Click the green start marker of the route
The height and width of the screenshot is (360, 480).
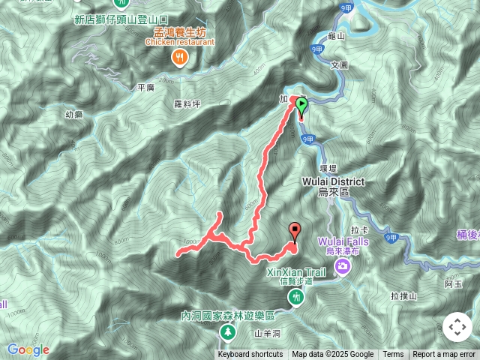pyautogui.click(x=301, y=106)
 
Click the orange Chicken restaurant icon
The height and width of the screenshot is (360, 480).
pyautogui.click(x=179, y=57)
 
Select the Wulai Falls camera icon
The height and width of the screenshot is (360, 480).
pyautogui.click(x=343, y=265)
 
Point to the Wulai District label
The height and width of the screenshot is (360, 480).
pyautogui.click(x=334, y=182)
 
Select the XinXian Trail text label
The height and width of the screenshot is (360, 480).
pyautogui.click(x=297, y=274)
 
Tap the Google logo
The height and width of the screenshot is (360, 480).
pyautogui.click(x=28, y=349)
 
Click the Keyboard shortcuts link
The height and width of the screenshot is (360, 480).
pyautogui.click(x=250, y=355)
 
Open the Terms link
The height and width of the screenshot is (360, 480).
pyautogui.click(x=393, y=355)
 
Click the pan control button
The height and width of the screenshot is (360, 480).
pyautogui.click(x=457, y=327)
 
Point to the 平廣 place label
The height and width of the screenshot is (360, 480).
pyautogui.click(x=145, y=88)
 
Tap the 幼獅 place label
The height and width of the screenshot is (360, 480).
pyautogui.click(x=74, y=114)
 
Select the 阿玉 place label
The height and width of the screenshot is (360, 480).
pyautogui.click(x=452, y=283)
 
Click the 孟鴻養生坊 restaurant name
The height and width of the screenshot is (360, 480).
pyautogui.click(x=179, y=32)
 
